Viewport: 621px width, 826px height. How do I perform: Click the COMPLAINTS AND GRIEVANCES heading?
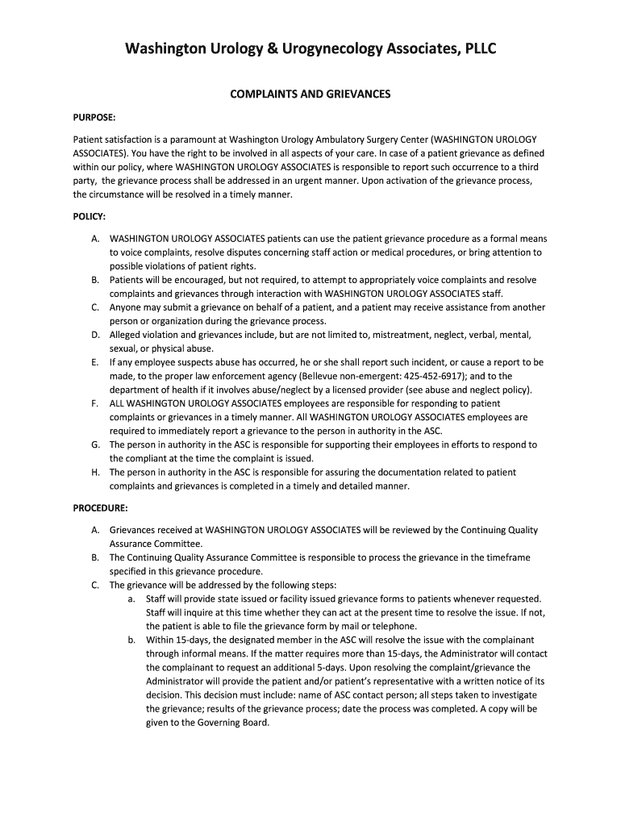pos(310,94)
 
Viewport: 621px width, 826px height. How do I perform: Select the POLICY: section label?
pos(89,216)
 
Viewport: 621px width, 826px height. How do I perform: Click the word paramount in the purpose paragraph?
pos(197,140)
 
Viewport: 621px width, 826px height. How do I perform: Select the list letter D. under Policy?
pos(95,335)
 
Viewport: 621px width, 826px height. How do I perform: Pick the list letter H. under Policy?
pos(95,473)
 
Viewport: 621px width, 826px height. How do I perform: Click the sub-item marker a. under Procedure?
pos(131,599)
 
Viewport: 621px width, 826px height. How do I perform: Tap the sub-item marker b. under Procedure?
pos(131,640)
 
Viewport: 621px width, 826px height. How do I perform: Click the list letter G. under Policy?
pos(95,445)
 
